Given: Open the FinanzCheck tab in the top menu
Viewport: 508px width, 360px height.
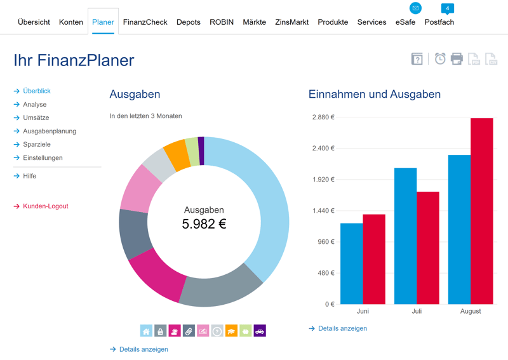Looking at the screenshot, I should [x=145, y=22].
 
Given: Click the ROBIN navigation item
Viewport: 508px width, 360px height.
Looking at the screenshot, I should [x=222, y=22].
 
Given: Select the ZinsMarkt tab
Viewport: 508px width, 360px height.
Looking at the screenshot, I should [x=291, y=22].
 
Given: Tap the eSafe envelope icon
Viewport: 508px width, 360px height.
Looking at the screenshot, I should [x=415, y=8].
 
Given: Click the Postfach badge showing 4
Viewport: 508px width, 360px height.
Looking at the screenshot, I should [x=448, y=9].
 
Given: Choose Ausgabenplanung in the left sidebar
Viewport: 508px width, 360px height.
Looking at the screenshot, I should [x=50, y=131].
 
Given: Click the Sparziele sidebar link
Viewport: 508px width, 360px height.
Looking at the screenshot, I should [x=37, y=145].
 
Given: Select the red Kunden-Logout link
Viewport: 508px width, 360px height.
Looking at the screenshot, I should [x=45, y=206].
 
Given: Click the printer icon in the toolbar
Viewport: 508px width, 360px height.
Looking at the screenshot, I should [x=457, y=59].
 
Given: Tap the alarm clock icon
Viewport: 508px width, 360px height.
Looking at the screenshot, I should [x=440, y=59].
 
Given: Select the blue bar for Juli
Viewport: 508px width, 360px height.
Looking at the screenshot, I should [x=405, y=236].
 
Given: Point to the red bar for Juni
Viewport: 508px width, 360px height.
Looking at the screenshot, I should [x=374, y=259].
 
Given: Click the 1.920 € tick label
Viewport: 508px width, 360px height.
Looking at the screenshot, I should [x=323, y=180].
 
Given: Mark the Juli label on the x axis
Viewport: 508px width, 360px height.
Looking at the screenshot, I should [x=417, y=312].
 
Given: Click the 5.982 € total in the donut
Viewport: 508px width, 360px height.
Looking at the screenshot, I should [x=204, y=223].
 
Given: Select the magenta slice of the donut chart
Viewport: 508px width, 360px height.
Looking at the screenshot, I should [x=156, y=274].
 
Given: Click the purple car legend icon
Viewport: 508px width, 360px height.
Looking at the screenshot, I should [x=259, y=331].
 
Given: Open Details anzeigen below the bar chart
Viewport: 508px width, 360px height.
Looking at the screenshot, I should [x=342, y=329].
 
